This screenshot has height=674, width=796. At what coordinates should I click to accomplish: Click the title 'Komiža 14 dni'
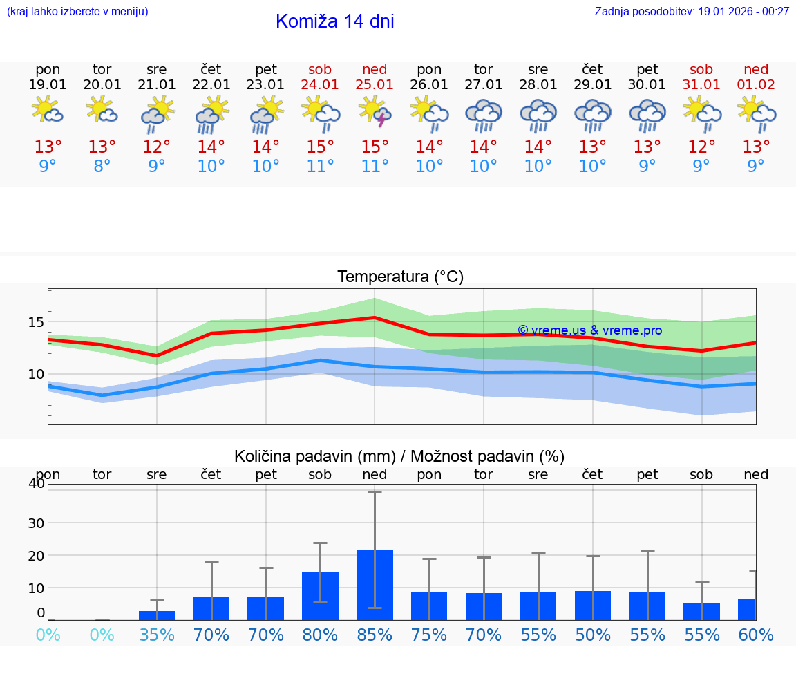[334, 21]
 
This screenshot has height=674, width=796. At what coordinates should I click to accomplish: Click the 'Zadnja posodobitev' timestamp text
[692, 12]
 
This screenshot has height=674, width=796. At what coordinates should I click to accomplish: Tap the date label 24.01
[320, 84]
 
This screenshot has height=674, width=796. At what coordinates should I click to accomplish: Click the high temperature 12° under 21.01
[157, 147]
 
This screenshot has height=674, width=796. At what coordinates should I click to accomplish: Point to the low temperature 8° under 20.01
[102, 167]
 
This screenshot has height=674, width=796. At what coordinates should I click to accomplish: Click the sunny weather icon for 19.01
[48, 111]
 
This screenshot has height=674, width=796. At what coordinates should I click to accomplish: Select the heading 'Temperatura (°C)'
[400, 277]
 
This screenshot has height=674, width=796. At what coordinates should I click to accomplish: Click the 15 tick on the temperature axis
[36, 322]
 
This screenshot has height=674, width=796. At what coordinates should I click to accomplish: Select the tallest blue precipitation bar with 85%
[375, 584]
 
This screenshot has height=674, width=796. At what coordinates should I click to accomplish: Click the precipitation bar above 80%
[320, 595]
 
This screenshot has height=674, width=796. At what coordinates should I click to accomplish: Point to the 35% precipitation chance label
[157, 635]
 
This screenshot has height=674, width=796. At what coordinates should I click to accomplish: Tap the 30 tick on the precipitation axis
[36, 523]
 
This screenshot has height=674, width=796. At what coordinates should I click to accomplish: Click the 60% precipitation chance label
[756, 635]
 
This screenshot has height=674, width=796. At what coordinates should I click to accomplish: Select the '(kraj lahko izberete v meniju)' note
[77, 12]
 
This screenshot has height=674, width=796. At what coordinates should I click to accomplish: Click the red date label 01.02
[756, 84]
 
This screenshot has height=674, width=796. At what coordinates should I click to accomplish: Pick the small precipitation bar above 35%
[157, 615]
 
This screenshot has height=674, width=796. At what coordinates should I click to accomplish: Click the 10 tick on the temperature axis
[36, 374]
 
